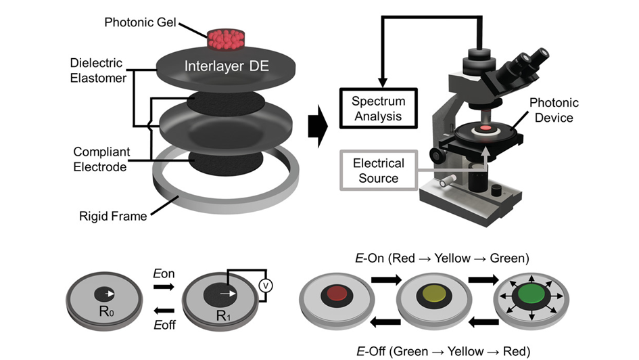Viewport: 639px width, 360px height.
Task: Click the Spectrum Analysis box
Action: [x=378, y=108]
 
